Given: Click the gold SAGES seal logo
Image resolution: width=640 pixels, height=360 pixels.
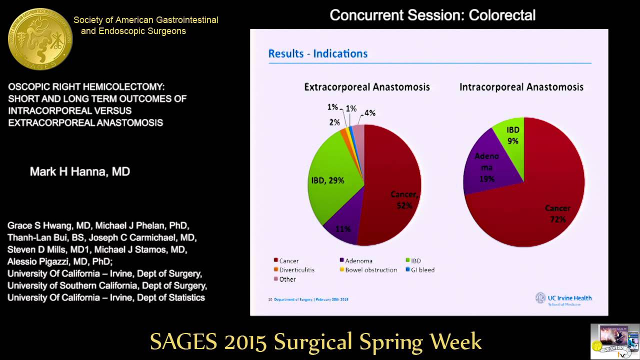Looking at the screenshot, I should click(x=40, y=39).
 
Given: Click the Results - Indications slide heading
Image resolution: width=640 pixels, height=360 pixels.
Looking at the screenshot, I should click(x=318, y=53).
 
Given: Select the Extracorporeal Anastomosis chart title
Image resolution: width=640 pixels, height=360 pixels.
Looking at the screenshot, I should click(x=367, y=87).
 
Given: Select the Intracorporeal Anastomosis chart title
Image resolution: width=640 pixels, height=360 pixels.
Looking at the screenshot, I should click(x=521, y=87).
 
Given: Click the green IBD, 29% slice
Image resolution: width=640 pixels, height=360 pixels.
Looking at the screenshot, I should click(x=332, y=175).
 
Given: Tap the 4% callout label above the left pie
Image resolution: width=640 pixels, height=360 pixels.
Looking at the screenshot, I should click(x=369, y=113).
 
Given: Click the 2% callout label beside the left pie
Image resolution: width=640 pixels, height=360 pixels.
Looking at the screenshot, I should click(x=334, y=122).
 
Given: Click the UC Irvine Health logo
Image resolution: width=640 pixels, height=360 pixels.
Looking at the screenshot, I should click(x=563, y=298).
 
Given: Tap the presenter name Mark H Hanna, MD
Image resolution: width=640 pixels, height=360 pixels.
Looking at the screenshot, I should click(x=80, y=172).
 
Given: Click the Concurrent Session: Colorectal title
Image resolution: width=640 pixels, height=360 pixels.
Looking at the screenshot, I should click(x=432, y=15).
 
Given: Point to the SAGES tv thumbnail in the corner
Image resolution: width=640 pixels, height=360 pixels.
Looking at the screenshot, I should click(x=614, y=341).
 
